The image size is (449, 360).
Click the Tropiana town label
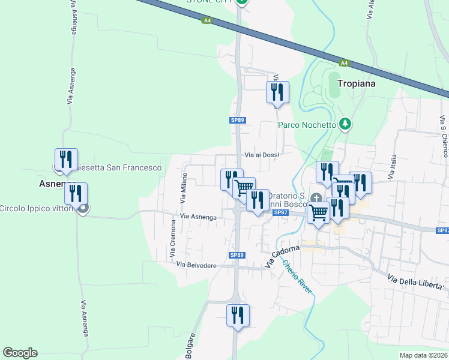(x=356, y=83)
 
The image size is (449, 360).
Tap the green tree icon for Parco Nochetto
(x=345, y=124)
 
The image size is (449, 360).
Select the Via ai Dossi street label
(x=262, y=155)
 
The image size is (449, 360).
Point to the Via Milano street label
(x=184, y=187)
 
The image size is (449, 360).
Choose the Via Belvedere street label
(x=196, y=265)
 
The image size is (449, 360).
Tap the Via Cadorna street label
(x=282, y=256)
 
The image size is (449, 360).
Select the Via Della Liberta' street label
(x=418, y=286)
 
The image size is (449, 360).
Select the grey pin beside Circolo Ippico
(x=83, y=208)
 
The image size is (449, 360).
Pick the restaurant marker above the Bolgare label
(x=238, y=315)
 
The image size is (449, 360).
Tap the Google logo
(x=20, y=353)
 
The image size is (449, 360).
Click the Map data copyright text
(x=424, y=355)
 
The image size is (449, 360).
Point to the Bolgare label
(x=191, y=346)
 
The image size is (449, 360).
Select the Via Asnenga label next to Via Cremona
(x=198, y=217)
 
